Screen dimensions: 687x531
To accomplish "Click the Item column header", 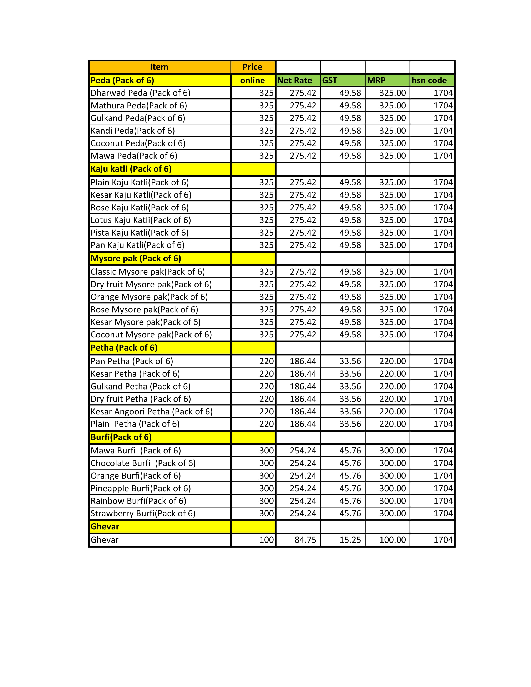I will tap(159, 67).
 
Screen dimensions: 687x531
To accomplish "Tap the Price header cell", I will tap(252, 67).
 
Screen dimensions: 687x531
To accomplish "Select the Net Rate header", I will tap(295, 81).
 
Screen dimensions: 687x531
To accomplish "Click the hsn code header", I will tap(429, 81).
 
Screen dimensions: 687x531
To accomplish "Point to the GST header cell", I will tap(330, 81).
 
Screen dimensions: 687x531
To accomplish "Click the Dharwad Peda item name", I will tap(140, 93).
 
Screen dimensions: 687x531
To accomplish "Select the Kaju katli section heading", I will tap(131, 169).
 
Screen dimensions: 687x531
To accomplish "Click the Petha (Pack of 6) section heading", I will tap(124, 348).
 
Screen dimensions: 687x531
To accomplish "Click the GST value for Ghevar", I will tap(350, 540).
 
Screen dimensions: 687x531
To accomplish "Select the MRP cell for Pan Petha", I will tap(392, 361).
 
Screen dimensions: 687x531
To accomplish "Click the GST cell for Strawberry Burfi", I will tap(350, 513).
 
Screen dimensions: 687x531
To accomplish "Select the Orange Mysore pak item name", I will tap(149, 297).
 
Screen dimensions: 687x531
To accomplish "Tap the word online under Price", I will tap(252, 81).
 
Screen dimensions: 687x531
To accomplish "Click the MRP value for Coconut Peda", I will tap(392, 143).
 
